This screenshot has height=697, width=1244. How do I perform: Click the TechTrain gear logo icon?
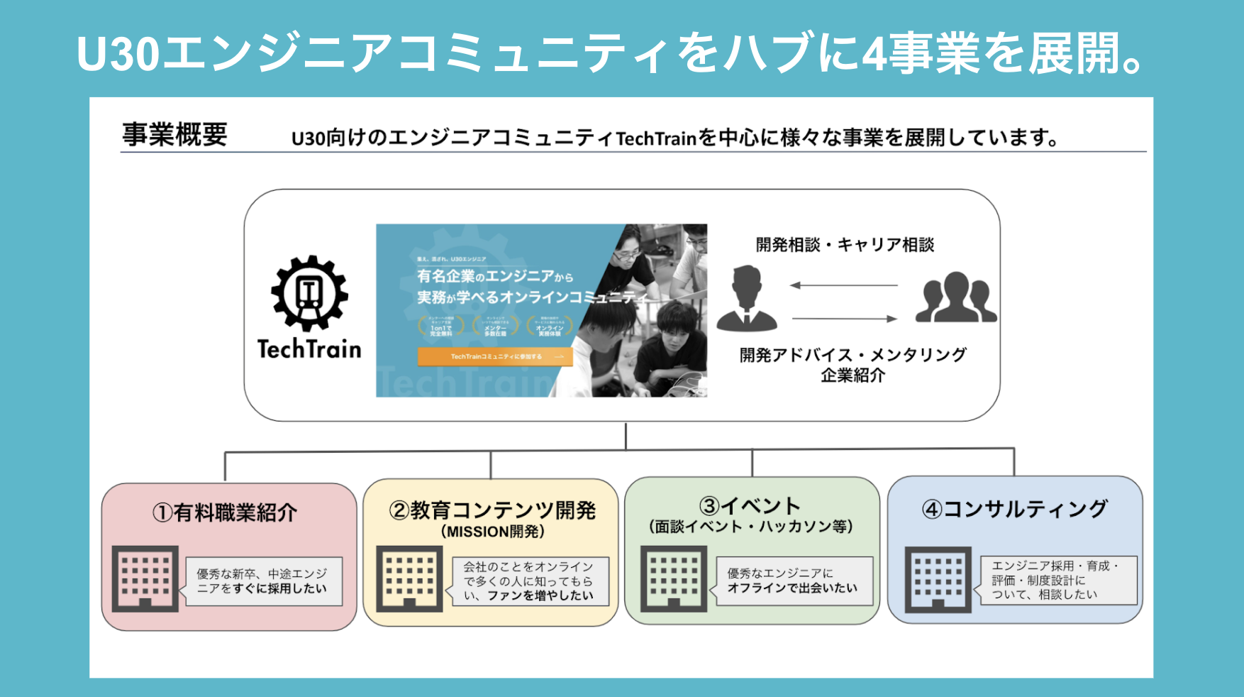[309, 293]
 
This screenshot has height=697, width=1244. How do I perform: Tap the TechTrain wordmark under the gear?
[309, 349]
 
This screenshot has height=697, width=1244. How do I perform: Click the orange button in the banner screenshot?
[495, 356]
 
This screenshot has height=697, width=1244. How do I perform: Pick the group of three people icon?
[955, 298]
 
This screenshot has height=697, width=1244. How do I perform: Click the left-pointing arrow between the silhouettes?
[843, 285]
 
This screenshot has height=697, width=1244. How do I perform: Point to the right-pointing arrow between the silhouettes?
[845, 319]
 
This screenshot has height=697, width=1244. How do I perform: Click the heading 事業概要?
[174, 134]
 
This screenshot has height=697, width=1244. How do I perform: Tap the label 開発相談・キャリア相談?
[845, 245]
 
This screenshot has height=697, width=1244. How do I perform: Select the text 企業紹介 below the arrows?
[853, 375]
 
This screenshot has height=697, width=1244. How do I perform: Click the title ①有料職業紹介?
[225, 512]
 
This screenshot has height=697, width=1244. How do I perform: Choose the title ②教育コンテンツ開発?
[492, 510]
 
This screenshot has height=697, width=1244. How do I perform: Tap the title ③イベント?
[750, 506]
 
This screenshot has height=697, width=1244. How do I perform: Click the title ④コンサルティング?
[1014, 509]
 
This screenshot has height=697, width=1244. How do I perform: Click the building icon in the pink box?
[145, 578]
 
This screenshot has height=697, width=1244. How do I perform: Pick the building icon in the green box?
[674, 579]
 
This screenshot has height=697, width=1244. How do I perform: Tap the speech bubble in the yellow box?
[529, 581]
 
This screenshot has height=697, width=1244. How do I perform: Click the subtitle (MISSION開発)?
[492, 532]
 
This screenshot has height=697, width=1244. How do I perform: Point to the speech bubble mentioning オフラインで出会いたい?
[792, 581]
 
